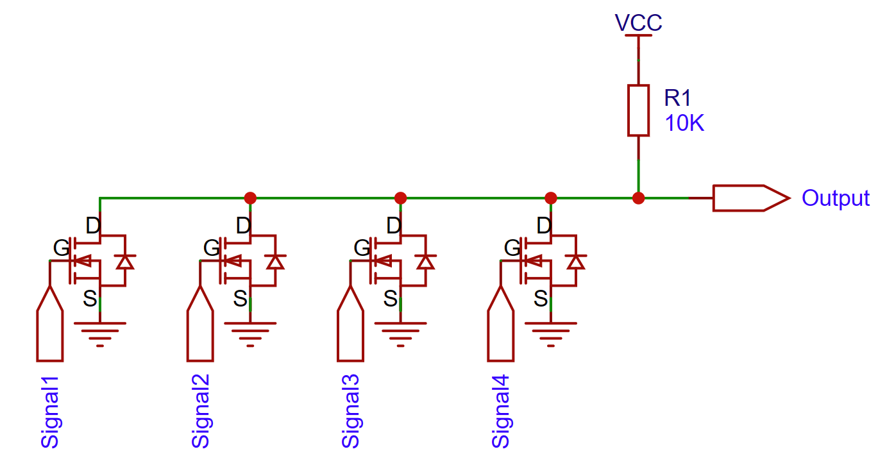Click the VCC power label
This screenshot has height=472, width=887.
[638, 23]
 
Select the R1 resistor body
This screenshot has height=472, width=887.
[638, 110]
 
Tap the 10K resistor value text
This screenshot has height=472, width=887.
[684, 123]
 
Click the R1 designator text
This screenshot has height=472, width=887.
[678, 98]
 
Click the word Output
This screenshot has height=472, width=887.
[835, 198]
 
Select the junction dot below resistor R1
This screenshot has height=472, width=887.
[638, 198]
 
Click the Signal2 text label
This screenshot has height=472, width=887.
[201, 410]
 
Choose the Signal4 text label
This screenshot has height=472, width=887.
[501, 410]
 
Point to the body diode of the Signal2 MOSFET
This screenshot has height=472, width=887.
[275, 262]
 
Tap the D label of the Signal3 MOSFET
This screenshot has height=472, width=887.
[394, 226]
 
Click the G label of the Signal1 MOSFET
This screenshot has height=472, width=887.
[61, 248]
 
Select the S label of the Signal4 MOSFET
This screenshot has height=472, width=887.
[541, 298]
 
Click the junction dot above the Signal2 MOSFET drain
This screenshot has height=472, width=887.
[250, 198]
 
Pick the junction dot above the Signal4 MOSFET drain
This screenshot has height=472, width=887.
[551, 198]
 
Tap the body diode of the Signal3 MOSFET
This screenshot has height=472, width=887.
[425, 262]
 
